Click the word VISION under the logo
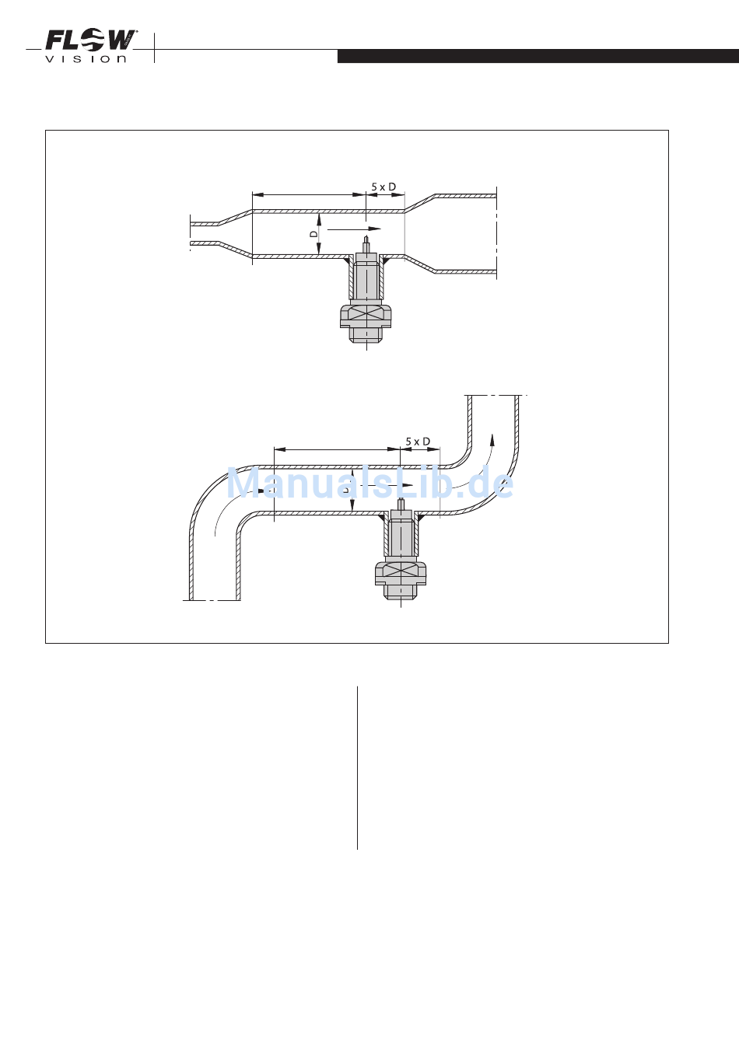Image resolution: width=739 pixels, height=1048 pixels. [x=86, y=59]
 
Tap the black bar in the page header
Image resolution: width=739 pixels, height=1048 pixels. [x=538, y=56]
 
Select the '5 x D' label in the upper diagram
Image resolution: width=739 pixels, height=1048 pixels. [x=384, y=187]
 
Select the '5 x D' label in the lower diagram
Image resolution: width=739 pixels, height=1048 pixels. [x=418, y=442]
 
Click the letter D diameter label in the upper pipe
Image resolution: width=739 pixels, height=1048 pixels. [x=313, y=233]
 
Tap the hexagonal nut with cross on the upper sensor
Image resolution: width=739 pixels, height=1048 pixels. [x=366, y=316]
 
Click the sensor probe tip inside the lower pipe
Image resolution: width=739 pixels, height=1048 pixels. [x=400, y=501]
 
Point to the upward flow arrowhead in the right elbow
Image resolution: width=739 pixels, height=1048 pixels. [x=492, y=439]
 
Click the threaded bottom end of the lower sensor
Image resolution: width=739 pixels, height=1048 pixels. [x=400, y=593]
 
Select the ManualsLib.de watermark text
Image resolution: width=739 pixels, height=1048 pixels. [x=369, y=484]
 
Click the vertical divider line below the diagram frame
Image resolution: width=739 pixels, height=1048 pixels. [x=357, y=767]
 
